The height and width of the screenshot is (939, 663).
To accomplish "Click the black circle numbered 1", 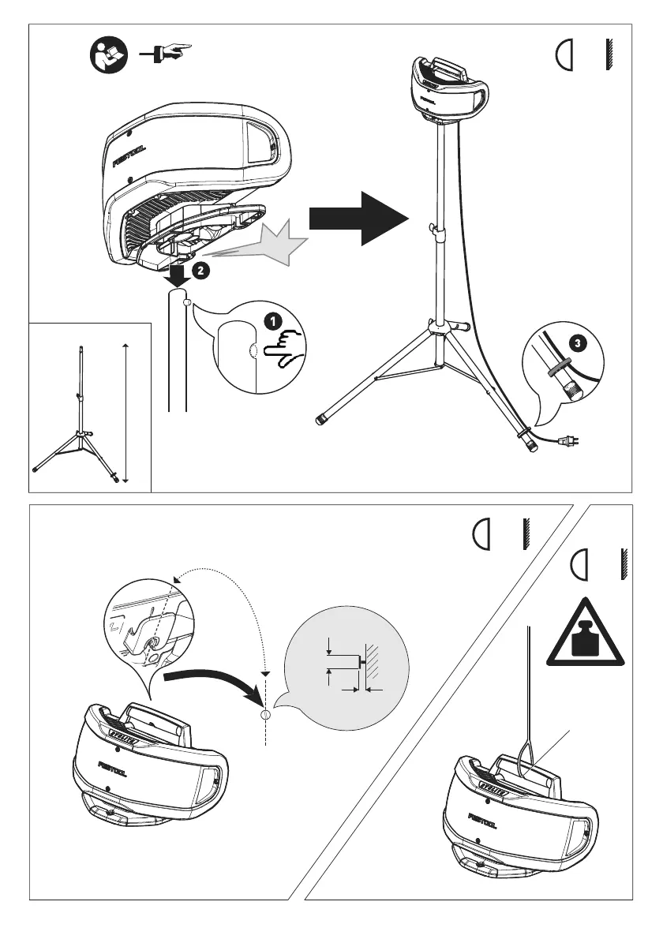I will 271,323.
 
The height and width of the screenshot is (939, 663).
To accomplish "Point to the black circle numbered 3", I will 577,344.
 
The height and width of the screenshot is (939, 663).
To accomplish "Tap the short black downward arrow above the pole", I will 178,276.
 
